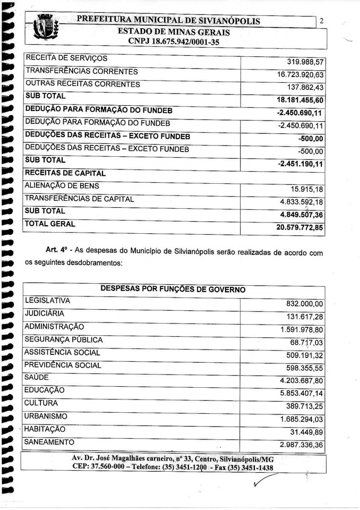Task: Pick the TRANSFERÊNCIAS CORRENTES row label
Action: point(81,71)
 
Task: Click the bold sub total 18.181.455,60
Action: point(300,100)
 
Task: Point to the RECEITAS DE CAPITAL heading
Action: point(65,173)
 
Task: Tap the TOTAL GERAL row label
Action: point(50,224)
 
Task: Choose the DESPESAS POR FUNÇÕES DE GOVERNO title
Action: point(173,290)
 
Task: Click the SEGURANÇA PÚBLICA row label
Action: point(64,339)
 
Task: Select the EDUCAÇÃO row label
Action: point(45,390)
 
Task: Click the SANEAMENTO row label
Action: point(49,442)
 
